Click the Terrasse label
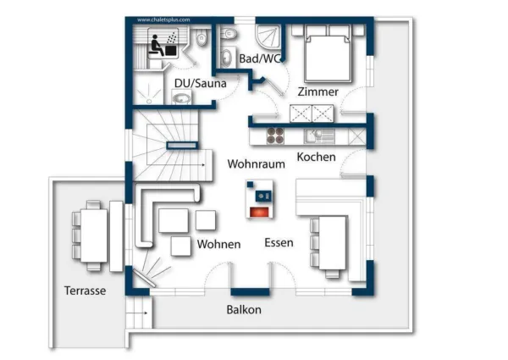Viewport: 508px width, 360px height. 85,290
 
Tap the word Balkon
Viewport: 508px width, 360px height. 243,310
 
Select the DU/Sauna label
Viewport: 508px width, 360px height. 194,83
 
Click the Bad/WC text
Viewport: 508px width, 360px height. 259,58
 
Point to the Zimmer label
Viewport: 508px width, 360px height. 317,91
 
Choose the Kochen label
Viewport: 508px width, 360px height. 316,157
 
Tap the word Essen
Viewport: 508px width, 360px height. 279,242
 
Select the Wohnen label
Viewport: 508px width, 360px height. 218,244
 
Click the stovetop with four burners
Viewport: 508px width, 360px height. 276,135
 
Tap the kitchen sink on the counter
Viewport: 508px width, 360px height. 320,134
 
